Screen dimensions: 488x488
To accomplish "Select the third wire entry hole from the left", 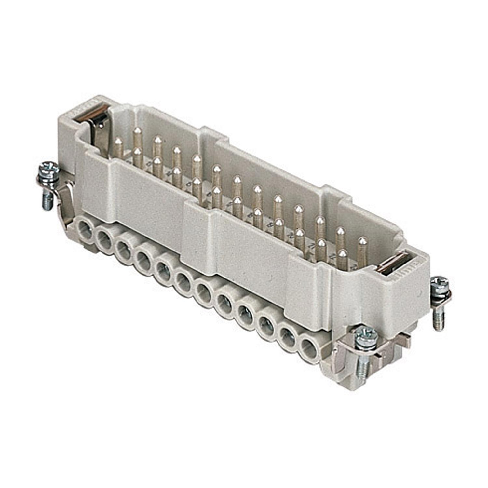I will (x=124, y=248).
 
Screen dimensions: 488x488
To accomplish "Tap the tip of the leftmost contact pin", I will (x=119, y=141).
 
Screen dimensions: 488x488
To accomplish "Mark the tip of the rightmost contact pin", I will (x=362, y=241).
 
